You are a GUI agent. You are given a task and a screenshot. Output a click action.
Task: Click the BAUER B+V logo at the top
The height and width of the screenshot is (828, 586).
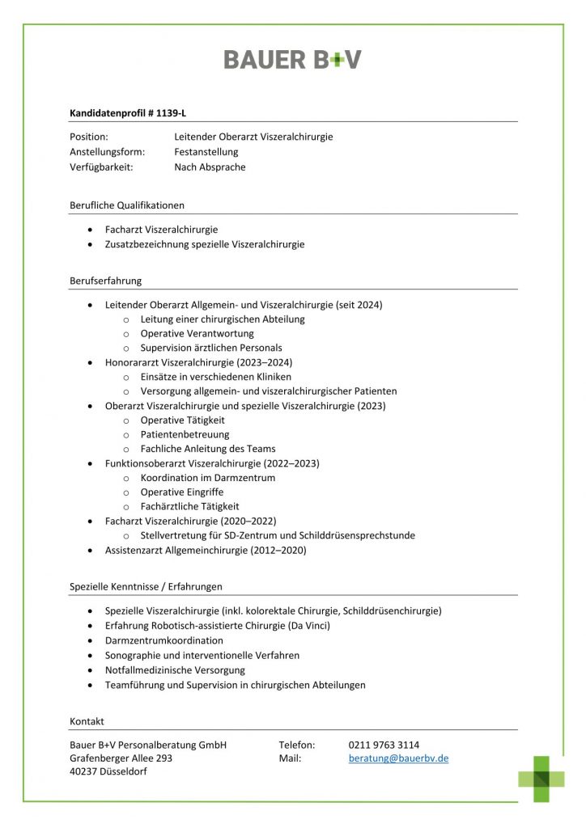tap(292, 59)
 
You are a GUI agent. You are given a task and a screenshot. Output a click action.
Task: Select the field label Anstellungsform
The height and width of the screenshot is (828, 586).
tap(108, 152)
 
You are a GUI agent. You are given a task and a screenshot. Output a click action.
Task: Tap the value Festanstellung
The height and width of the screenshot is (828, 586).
tap(206, 152)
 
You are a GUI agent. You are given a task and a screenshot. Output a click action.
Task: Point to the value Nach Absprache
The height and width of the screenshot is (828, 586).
tap(210, 167)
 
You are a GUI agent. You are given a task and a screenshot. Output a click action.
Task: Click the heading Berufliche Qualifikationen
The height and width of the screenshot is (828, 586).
tap(127, 205)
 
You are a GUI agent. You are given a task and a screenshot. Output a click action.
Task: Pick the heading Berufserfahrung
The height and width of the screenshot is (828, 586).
tap(105, 281)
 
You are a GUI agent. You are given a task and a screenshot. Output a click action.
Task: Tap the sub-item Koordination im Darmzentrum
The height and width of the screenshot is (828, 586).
tap(207, 478)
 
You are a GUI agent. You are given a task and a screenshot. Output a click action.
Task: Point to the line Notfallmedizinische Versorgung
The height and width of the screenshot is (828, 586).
tap(175, 670)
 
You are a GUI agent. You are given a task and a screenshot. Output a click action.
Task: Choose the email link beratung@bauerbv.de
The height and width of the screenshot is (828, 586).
tap(398, 758)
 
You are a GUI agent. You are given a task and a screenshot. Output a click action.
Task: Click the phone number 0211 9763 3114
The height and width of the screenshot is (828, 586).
tap(384, 745)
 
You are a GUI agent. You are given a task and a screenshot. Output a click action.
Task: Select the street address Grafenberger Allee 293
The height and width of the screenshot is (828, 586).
tap(121, 758)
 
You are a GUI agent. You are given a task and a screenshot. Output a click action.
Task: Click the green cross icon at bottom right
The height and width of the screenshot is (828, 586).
tap(541, 779)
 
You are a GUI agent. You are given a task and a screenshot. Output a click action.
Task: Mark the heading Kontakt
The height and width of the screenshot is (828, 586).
tap(87, 721)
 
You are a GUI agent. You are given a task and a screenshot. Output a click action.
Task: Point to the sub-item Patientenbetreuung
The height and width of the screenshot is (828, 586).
tap(185, 434)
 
